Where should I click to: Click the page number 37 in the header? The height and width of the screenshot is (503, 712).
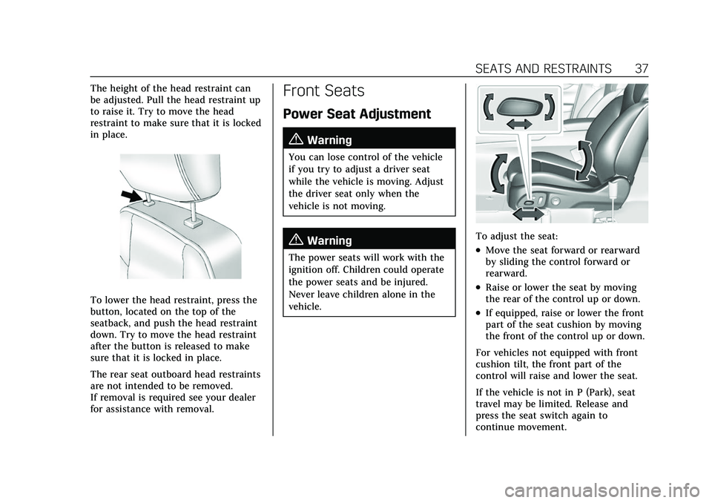(642, 68)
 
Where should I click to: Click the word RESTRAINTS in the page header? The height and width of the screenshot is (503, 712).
(576, 68)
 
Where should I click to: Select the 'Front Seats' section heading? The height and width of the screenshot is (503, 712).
(323, 91)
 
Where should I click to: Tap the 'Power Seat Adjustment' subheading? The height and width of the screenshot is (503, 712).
(357, 114)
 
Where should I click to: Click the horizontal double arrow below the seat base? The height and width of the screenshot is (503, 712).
(528, 214)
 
